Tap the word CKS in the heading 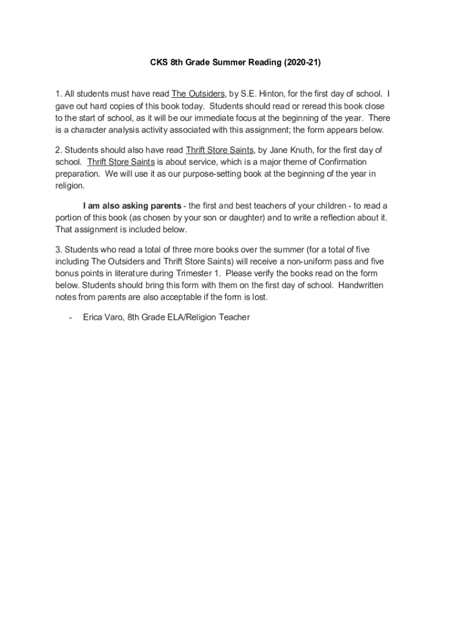pos(160,62)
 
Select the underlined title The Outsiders pos(198,94)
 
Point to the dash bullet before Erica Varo pos(72,317)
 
